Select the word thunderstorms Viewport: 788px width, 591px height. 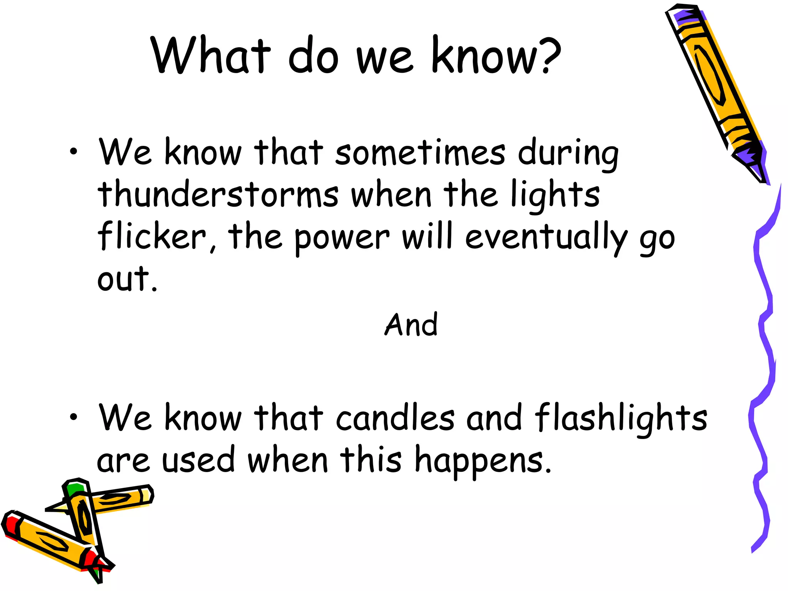tap(218, 194)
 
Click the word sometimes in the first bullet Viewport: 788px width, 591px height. tap(419, 152)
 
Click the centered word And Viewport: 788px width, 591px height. tap(411, 325)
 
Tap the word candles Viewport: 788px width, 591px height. tap(395, 418)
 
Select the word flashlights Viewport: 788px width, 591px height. tap(621, 418)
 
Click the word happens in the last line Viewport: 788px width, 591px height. tap(482, 461)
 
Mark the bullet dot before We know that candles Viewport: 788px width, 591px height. tap(73, 417)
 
